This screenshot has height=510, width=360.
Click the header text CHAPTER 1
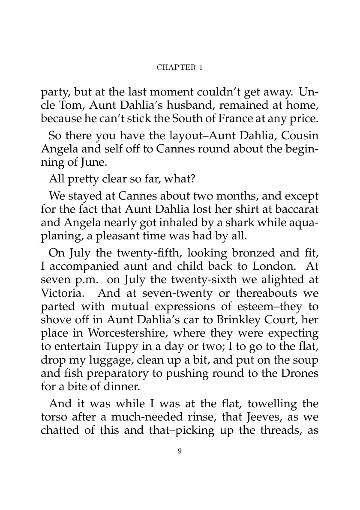(180, 67)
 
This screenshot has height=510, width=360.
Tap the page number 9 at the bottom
(180, 450)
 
